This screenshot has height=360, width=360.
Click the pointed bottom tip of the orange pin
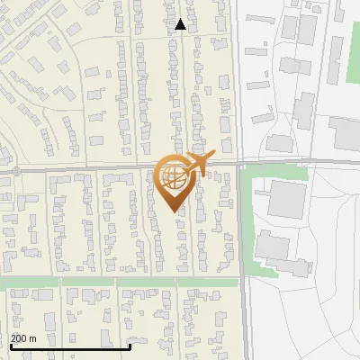pos(175,211)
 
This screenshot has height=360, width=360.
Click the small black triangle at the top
pos(181,24)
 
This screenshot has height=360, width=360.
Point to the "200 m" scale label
pos(23,337)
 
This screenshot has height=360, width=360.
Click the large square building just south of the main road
pos(287,199)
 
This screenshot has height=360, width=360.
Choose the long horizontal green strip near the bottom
pos(121,282)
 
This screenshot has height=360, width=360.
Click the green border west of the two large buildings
pos(247,225)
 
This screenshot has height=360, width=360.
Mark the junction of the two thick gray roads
pos(238,166)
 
